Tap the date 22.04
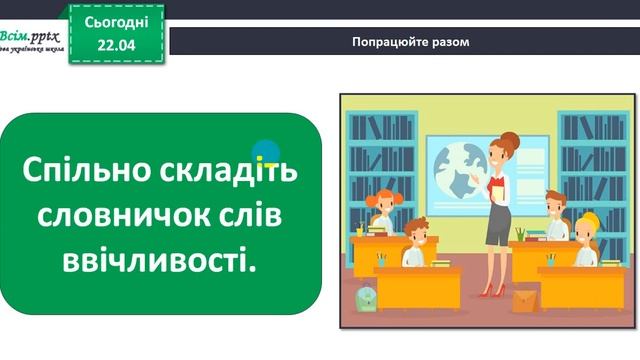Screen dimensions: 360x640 [x=117, y=41]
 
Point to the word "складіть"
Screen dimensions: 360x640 [x=226, y=171]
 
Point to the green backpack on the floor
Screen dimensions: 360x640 [x=366, y=295]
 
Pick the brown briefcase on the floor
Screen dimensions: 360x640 [x=525, y=299]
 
